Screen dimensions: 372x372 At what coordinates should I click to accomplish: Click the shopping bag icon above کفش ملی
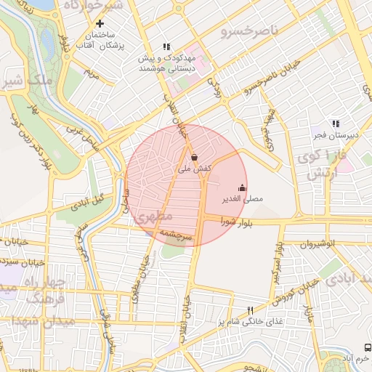194,157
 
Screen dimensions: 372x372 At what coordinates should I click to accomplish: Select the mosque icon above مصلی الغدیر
242,187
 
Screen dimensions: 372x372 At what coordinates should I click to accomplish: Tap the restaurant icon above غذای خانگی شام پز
251,310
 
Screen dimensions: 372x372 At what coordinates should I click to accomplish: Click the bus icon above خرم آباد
368,347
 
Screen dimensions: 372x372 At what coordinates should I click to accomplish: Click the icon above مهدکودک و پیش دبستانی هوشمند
166,46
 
